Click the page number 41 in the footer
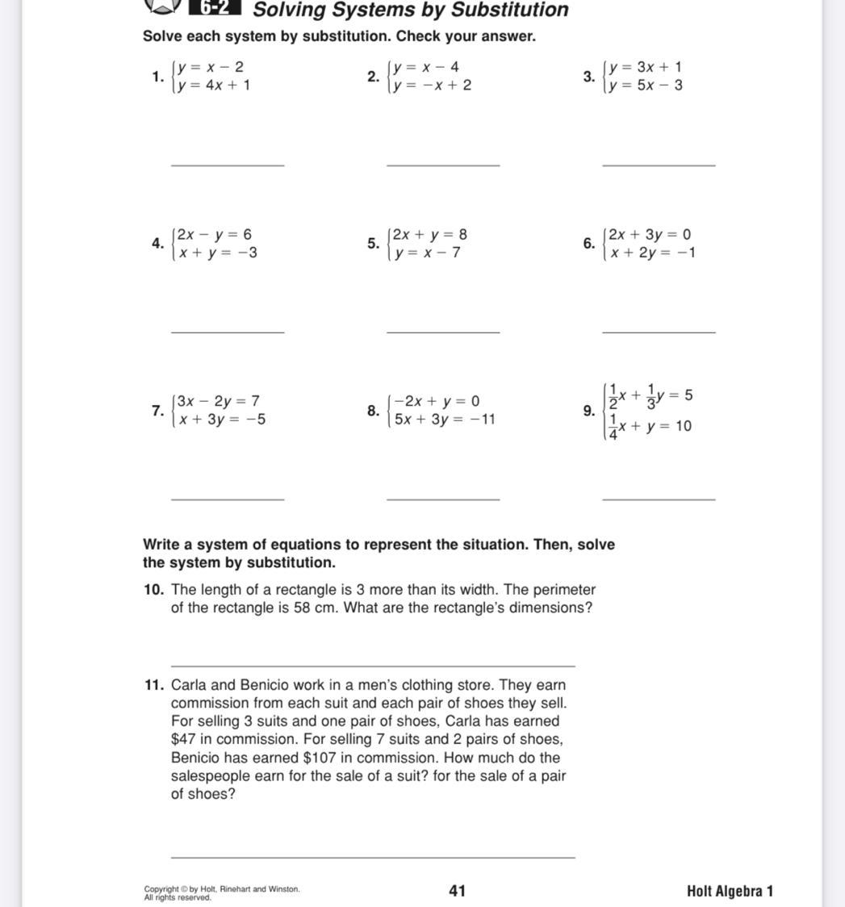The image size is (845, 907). (457, 891)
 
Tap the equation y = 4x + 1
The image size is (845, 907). (214, 86)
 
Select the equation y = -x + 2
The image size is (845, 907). (432, 86)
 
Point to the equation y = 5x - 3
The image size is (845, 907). (646, 86)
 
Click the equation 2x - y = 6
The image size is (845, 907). (215, 235)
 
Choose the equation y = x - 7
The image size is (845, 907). (428, 253)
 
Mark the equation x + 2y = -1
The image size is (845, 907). (653, 253)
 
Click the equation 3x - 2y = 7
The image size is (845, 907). (218, 401)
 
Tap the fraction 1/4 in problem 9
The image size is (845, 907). (613, 427)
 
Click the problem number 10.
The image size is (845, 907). (154, 590)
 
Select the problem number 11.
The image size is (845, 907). (154, 685)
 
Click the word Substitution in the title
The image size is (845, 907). (513, 10)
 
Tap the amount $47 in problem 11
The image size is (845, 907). (185, 739)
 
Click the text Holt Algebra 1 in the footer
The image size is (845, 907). (730, 891)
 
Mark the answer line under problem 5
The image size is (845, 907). (443, 332)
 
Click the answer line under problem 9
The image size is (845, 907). (659, 499)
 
